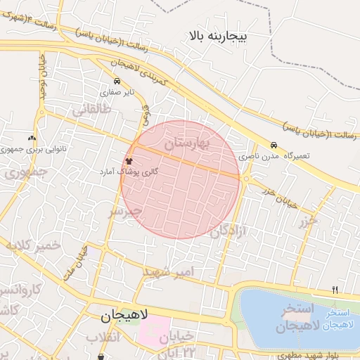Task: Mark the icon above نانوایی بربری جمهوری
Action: click(32, 138)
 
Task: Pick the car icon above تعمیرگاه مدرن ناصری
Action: click(274, 145)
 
